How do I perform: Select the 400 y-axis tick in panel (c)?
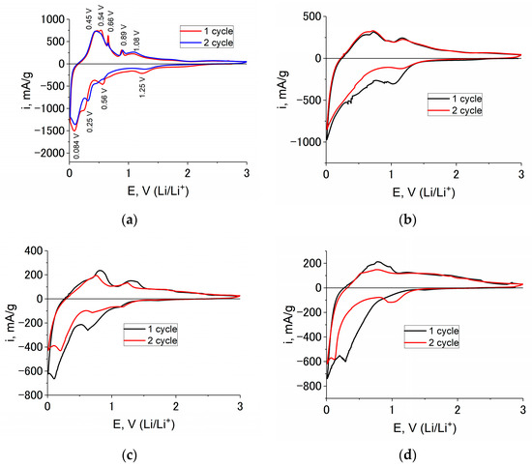pos(31,250)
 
